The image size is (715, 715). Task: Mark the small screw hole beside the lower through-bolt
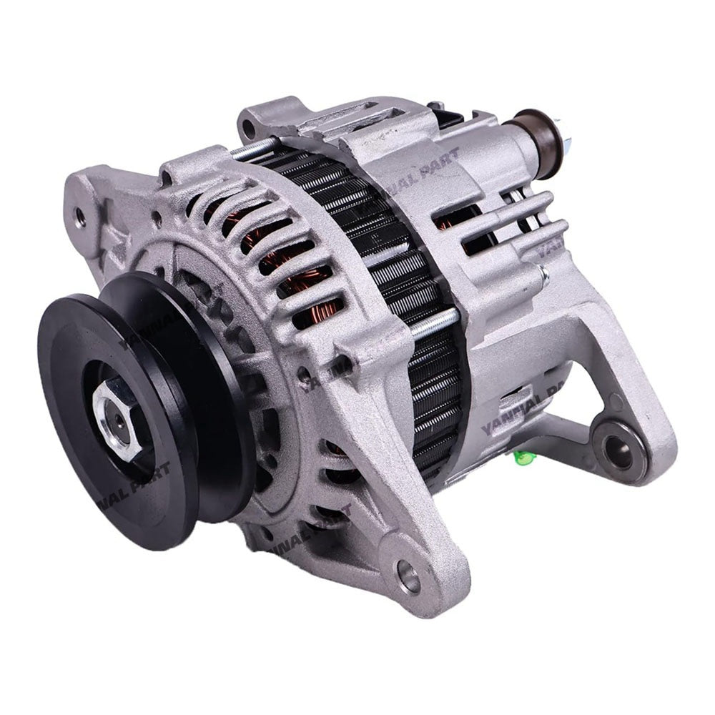tap(307, 373)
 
